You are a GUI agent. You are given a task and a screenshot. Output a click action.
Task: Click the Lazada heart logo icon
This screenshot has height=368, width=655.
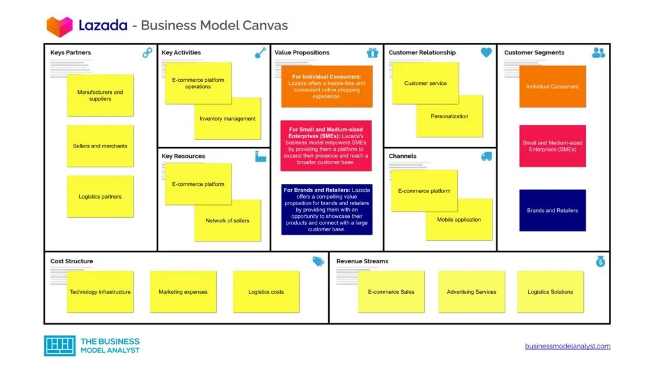59,26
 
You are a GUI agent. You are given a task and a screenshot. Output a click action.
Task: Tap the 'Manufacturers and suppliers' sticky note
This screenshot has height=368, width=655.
100,96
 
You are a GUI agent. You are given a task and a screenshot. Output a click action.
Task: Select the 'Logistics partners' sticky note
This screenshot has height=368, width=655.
100,197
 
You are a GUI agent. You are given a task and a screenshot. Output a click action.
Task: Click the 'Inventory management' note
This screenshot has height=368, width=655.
228,119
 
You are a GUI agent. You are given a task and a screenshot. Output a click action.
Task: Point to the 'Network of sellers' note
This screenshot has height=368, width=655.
228,221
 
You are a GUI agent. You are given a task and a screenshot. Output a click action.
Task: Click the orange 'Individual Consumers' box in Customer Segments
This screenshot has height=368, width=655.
552,87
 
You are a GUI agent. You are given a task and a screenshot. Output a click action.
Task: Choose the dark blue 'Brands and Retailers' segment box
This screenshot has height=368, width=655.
552,210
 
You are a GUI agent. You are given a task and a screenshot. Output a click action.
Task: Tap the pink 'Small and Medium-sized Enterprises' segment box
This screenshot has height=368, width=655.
552,146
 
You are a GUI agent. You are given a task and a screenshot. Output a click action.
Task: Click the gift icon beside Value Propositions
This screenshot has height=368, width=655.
372,53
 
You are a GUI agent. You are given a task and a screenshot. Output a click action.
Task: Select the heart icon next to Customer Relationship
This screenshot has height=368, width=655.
486,53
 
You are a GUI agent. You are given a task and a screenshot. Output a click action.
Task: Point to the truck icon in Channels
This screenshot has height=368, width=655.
486,157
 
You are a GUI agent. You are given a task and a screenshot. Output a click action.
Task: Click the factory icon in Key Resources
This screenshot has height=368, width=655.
260,157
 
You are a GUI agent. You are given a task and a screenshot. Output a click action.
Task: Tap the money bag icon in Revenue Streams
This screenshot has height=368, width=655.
600,261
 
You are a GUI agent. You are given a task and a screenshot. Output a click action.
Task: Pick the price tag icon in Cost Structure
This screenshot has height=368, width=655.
318,261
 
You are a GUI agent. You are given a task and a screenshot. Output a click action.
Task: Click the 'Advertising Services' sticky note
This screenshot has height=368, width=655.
471,292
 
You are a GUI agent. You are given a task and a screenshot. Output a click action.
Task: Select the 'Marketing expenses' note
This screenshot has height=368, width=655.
183,292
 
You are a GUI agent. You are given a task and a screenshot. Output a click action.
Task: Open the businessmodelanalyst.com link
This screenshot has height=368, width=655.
567,346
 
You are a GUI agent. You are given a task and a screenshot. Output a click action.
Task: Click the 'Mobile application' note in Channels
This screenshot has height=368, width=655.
459,220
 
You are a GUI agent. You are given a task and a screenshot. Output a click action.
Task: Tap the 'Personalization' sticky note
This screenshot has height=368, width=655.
450,117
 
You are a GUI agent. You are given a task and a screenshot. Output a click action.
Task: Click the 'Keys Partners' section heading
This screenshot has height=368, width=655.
70,52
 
